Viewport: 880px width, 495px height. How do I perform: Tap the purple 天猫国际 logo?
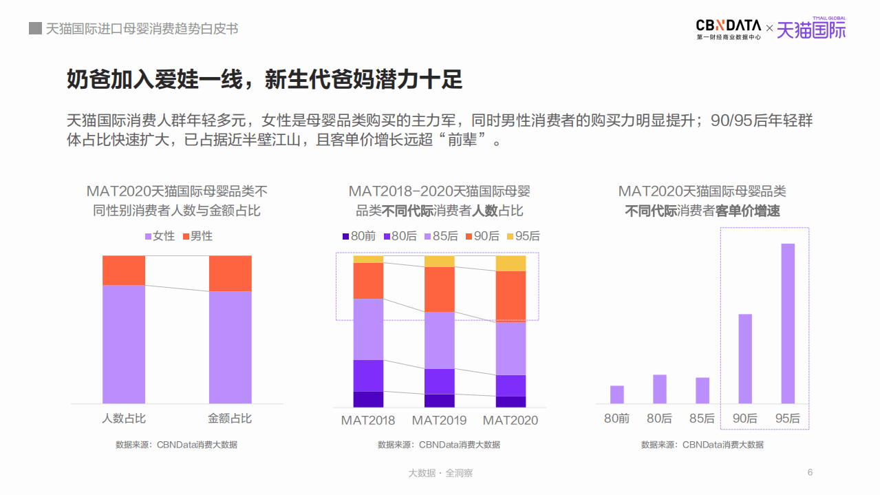pyautogui.click(x=811, y=29)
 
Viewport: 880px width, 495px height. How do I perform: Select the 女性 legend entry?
pyautogui.click(x=160, y=236)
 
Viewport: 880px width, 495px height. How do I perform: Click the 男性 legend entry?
pyautogui.click(x=197, y=236)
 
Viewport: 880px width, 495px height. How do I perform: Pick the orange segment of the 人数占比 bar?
pyautogui.click(x=124, y=270)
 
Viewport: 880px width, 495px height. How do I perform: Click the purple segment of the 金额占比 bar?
pyautogui.click(x=230, y=347)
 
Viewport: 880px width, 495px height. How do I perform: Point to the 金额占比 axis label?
pyautogui.click(x=230, y=418)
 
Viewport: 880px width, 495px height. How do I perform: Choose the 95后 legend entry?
pyautogui.click(x=523, y=236)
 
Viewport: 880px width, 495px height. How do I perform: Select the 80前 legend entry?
pyautogui.click(x=358, y=236)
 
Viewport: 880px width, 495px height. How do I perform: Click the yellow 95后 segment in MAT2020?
pyautogui.click(x=511, y=263)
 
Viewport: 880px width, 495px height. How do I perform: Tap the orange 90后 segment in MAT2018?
pyautogui.click(x=368, y=280)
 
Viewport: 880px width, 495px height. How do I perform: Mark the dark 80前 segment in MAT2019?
pyautogui.click(x=440, y=400)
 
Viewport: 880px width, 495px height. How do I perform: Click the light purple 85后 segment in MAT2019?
pyautogui.click(x=440, y=340)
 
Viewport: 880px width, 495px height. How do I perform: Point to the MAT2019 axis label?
pyautogui.click(x=440, y=420)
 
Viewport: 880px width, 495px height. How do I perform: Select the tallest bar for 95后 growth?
pyautogui.click(x=788, y=323)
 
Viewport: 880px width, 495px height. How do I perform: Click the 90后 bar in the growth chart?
pyautogui.click(x=745, y=358)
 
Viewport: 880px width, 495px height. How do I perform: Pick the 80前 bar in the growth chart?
pyautogui.click(x=616, y=394)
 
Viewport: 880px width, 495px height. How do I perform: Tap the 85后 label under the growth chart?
pyautogui.click(x=702, y=418)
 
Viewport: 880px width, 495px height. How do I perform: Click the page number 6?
pyautogui.click(x=810, y=472)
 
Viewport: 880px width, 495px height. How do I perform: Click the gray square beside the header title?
pyautogui.click(x=35, y=28)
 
